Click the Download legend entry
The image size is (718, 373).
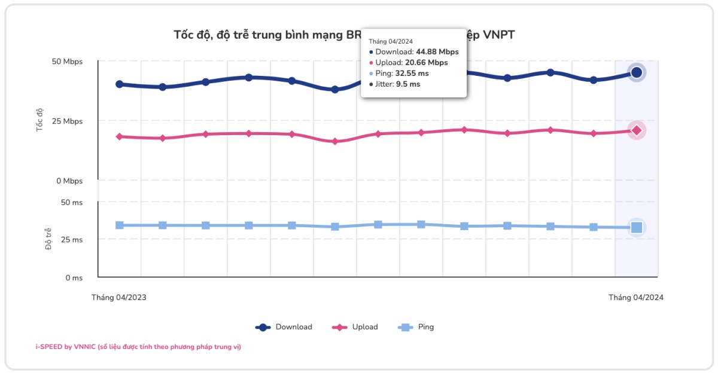(284, 327)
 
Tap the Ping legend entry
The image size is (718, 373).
(416, 327)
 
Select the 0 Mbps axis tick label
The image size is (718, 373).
(68, 181)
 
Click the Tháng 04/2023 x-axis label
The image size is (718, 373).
(118, 297)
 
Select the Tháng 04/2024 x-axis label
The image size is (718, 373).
(636, 297)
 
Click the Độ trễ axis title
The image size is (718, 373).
(48, 240)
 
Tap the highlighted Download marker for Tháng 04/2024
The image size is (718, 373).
(637, 72)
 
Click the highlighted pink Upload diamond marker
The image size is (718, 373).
(637, 130)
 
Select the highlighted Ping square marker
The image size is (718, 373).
(637, 227)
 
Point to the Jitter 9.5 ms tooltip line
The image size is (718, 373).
(395, 84)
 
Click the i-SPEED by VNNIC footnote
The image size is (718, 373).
(138, 347)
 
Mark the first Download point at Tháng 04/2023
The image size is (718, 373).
(120, 84)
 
